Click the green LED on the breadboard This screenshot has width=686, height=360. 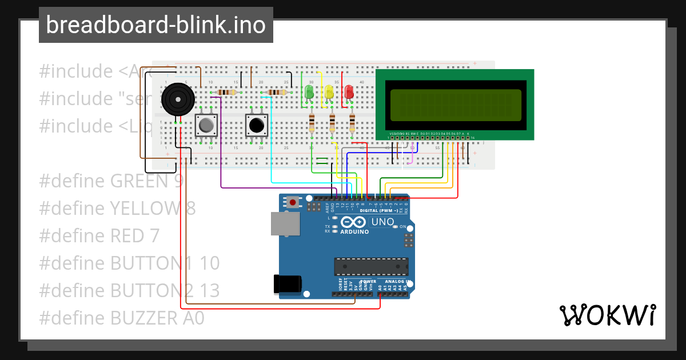[x=309, y=91]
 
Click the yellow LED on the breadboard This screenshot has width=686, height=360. [x=329, y=91]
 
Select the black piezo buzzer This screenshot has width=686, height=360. [x=178, y=99]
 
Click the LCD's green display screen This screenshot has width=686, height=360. [x=454, y=105]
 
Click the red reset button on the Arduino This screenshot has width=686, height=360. [x=293, y=202]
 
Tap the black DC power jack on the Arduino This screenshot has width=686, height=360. [x=287, y=283]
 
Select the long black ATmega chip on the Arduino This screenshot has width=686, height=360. [x=372, y=266]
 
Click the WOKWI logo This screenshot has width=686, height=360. [x=607, y=315]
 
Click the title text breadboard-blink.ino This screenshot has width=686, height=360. [x=155, y=25]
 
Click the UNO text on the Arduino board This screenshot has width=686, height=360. [x=382, y=222]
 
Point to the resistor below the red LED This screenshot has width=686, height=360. [x=352, y=123]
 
